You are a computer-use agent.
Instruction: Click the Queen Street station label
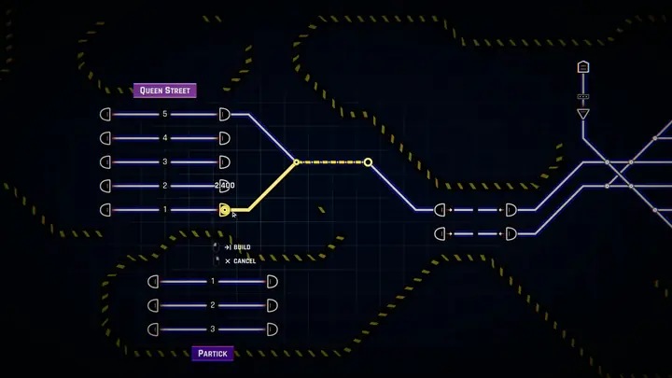pos(165,91)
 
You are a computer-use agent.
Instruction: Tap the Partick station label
pos(213,354)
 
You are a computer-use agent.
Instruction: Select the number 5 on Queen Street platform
pos(165,114)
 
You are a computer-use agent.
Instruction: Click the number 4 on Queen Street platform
pos(165,138)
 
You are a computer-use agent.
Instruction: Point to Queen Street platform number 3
pos(165,162)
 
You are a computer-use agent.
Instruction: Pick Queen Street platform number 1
pos(165,210)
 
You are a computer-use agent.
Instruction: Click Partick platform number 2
pos(213,305)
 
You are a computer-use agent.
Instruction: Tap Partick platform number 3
pos(213,329)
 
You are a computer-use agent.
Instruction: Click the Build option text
pos(242,247)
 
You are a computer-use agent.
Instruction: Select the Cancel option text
pos(245,261)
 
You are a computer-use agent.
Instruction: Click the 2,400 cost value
pos(225,185)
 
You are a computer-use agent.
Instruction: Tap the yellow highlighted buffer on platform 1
pos(225,210)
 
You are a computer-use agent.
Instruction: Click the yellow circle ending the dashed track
pos(368,162)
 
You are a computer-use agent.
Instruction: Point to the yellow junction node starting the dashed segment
pos(296,162)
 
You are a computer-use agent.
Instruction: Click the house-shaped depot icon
pos(582,67)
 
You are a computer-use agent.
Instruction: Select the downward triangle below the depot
pos(582,114)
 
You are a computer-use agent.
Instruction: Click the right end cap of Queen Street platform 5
pos(225,115)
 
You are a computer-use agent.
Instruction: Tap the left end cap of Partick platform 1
pos(153,282)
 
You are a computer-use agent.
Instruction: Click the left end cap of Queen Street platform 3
pos(105,162)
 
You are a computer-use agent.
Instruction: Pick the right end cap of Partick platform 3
pos(273,329)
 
